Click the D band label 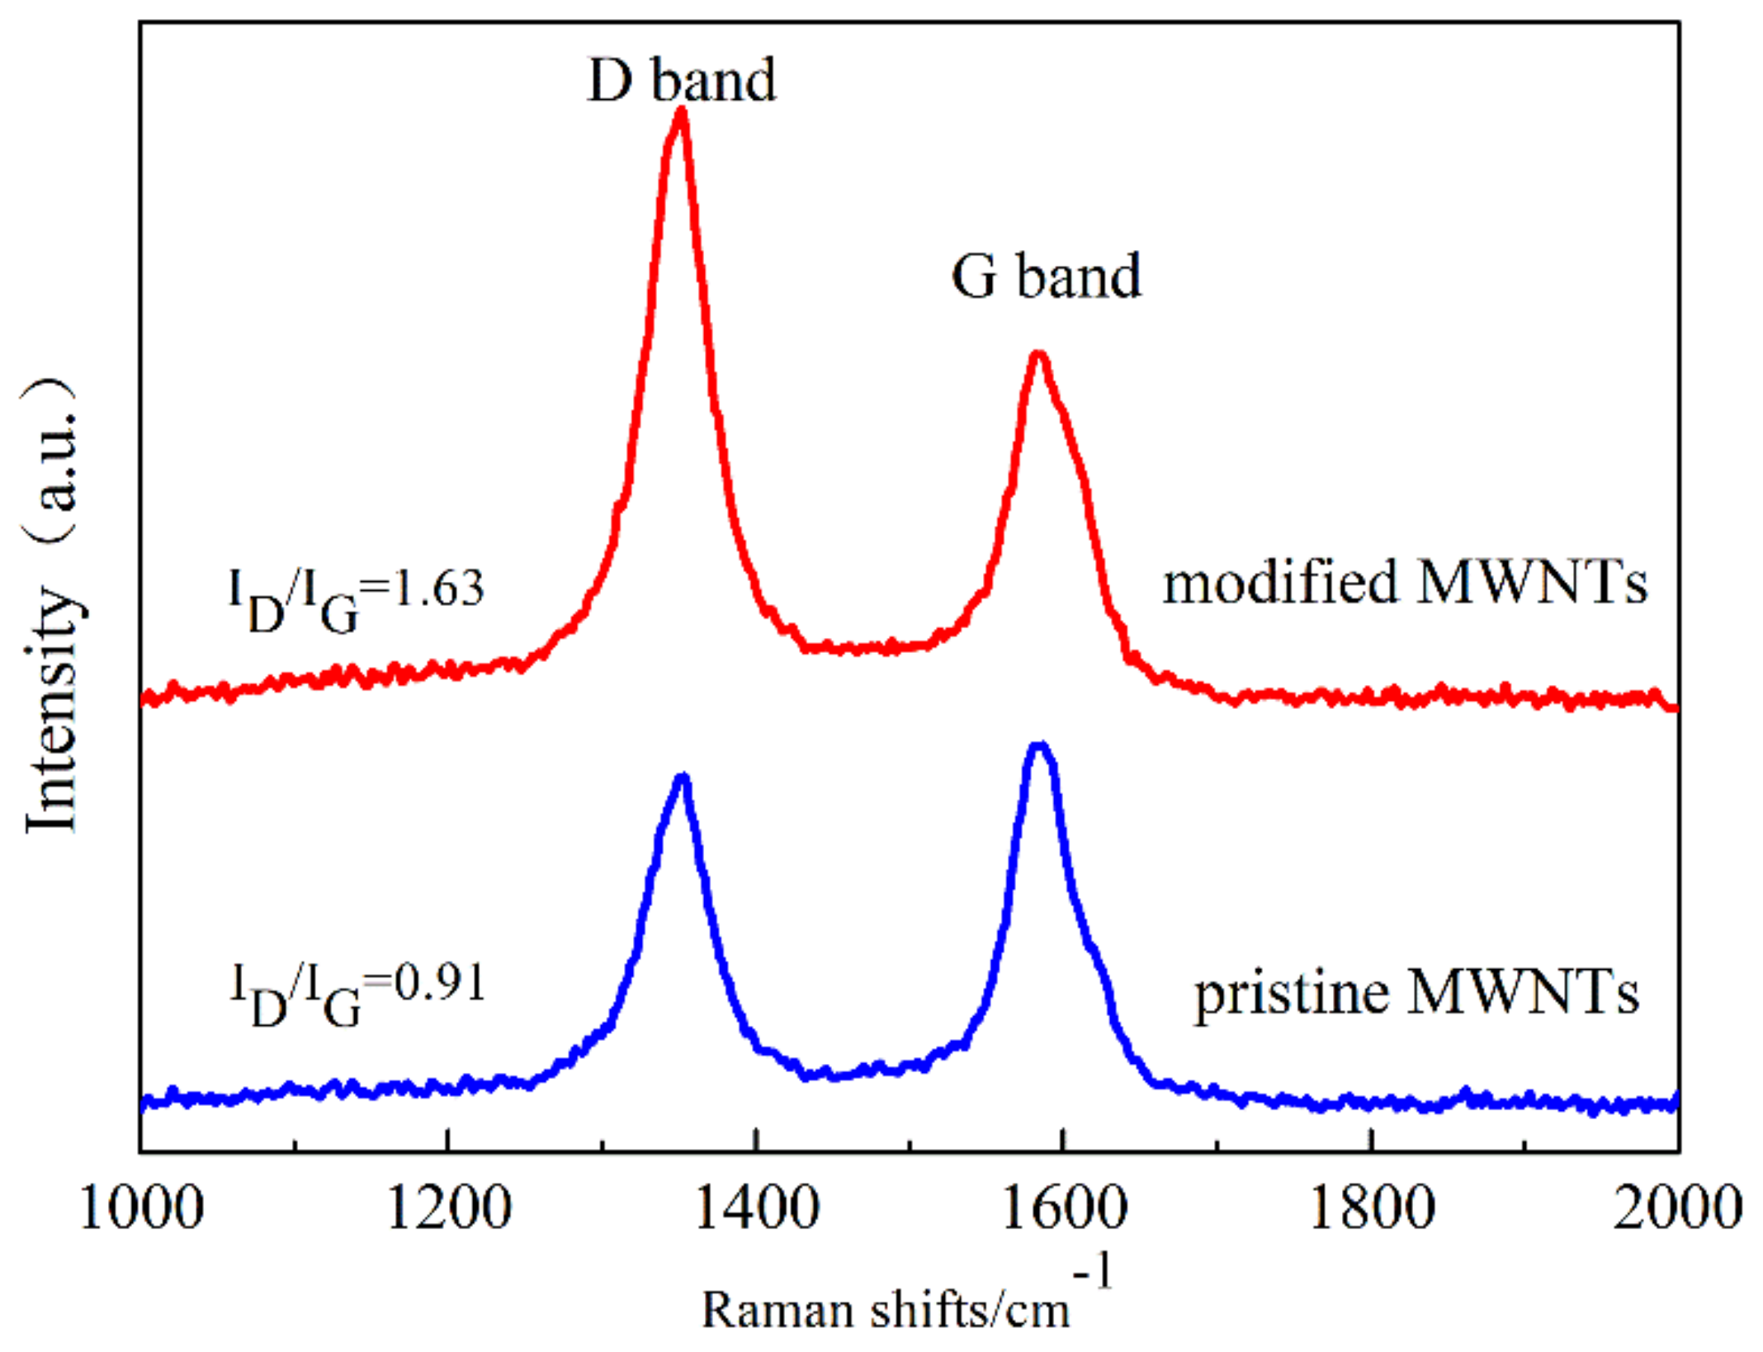pos(682,80)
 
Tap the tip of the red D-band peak pos(682,113)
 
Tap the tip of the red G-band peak pos(1039,356)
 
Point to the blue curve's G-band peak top pos(1040,747)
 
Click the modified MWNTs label pos(1404,583)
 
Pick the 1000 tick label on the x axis pos(141,1208)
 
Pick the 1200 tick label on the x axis pos(448,1208)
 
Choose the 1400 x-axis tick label pos(757,1208)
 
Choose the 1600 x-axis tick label pos(1064,1208)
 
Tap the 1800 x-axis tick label pos(1372,1208)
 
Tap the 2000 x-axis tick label pos(1677,1208)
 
